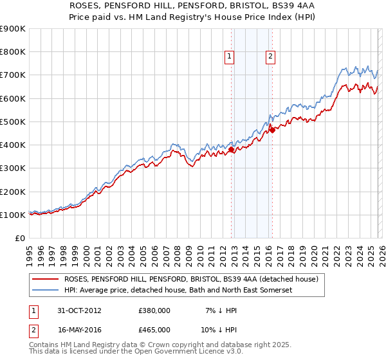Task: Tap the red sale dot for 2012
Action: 232,150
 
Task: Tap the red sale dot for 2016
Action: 272,130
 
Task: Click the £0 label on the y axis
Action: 19,239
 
